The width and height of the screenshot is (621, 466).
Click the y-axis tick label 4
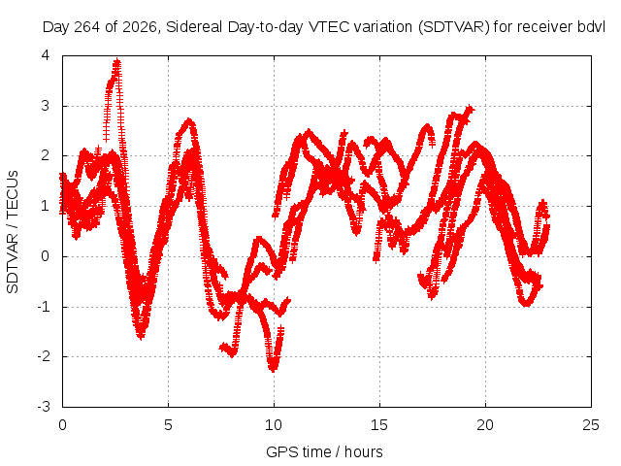click(x=46, y=55)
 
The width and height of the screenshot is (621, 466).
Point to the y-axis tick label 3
click(x=46, y=106)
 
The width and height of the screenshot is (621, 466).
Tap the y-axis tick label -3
click(x=44, y=407)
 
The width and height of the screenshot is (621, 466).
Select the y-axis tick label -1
click(x=44, y=307)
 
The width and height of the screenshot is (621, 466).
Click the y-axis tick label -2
click(x=44, y=356)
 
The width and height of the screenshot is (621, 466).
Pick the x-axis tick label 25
click(x=591, y=425)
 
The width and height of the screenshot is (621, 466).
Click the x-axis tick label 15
click(x=379, y=425)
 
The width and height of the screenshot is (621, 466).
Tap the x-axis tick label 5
click(x=168, y=425)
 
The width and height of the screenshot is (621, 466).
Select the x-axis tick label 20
click(x=485, y=425)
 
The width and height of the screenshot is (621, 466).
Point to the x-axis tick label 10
click(x=274, y=425)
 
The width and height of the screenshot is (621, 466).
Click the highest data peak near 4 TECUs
click(x=116, y=61)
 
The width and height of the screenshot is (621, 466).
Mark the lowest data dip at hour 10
click(x=273, y=369)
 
